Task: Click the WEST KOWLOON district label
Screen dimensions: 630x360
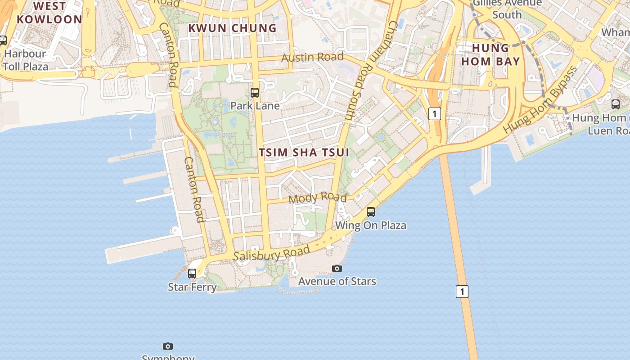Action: click(x=49, y=13)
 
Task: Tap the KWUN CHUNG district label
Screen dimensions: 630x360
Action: click(x=232, y=28)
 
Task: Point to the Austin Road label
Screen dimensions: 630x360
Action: click(x=312, y=57)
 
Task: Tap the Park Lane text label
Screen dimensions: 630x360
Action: click(x=255, y=106)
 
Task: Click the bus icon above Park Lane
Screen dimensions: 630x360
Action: click(x=255, y=93)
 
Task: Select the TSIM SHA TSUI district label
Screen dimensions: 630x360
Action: click(x=304, y=152)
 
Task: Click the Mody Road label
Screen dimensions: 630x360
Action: click(x=317, y=198)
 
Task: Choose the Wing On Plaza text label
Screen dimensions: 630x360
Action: click(x=371, y=225)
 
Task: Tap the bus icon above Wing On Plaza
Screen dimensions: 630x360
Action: click(x=371, y=211)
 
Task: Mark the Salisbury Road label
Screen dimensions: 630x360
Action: click(x=272, y=253)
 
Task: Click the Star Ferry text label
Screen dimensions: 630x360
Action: click(x=192, y=287)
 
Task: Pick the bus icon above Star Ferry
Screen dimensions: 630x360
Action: click(x=192, y=273)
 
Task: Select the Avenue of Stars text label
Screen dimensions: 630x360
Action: click(x=337, y=281)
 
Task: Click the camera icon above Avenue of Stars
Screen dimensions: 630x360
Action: click(x=337, y=269)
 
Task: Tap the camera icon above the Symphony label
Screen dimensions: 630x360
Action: click(x=168, y=346)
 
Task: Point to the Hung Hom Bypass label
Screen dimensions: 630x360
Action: click(x=540, y=100)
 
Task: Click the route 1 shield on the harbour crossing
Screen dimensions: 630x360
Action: click(x=462, y=292)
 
